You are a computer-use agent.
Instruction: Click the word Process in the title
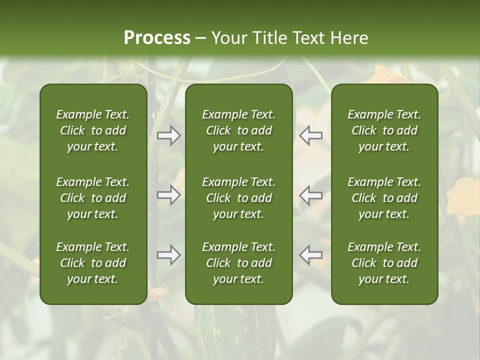pyautogui.click(x=157, y=38)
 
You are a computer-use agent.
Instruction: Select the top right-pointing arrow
pyautogui.click(x=168, y=135)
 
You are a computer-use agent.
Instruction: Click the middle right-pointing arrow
pyautogui.click(x=168, y=195)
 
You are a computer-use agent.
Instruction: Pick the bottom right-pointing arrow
pyautogui.click(x=168, y=255)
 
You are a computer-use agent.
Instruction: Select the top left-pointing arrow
pyautogui.click(x=311, y=135)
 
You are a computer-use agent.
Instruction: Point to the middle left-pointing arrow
pyautogui.click(x=311, y=195)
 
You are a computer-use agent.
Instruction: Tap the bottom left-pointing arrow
pyautogui.click(x=311, y=255)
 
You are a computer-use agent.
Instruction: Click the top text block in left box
pyautogui.click(x=93, y=130)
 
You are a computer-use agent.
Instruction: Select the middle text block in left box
pyautogui.click(x=93, y=198)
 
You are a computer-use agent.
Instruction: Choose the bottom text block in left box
pyautogui.click(x=93, y=263)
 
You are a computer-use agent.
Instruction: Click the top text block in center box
pyautogui.click(x=238, y=130)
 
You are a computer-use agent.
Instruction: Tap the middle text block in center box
pyautogui.click(x=238, y=198)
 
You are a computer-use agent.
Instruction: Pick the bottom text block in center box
pyautogui.click(x=238, y=263)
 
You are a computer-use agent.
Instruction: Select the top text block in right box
pyautogui.click(x=384, y=130)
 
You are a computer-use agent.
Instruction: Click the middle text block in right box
pyautogui.click(x=384, y=198)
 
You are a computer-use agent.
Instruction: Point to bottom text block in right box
pyautogui.click(x=384, y=263)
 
